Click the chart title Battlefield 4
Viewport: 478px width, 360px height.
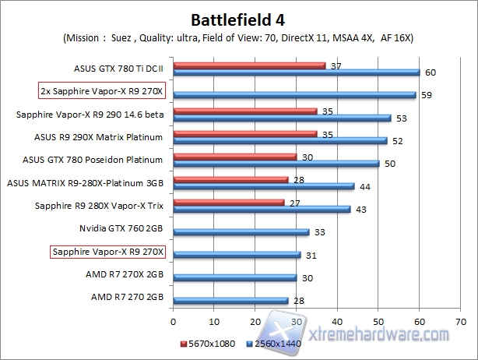[x=238, y=18]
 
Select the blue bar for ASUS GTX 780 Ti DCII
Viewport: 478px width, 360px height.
[x=296, y=72]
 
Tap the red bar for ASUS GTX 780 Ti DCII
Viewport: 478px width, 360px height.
[x=249, y=65]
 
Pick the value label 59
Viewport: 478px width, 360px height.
[x=426, y=96]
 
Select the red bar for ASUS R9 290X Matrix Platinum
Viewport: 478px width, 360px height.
[x=244, y=134]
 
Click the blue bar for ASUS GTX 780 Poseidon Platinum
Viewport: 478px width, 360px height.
[x=276, y=164]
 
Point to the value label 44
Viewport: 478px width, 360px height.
[x=364, y=186]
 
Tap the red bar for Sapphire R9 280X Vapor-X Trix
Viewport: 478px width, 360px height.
[x=228, y=203]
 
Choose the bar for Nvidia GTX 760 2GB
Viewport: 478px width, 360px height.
[x=241, y=231]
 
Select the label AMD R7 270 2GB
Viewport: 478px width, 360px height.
[x=127, y=297]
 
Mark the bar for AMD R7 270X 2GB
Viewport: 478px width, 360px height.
[x=234, y=277]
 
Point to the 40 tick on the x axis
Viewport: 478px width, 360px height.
[x=337, y=319]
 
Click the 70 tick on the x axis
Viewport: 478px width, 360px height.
[x=461, y=319]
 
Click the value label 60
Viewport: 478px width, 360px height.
[x=430, y=72]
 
